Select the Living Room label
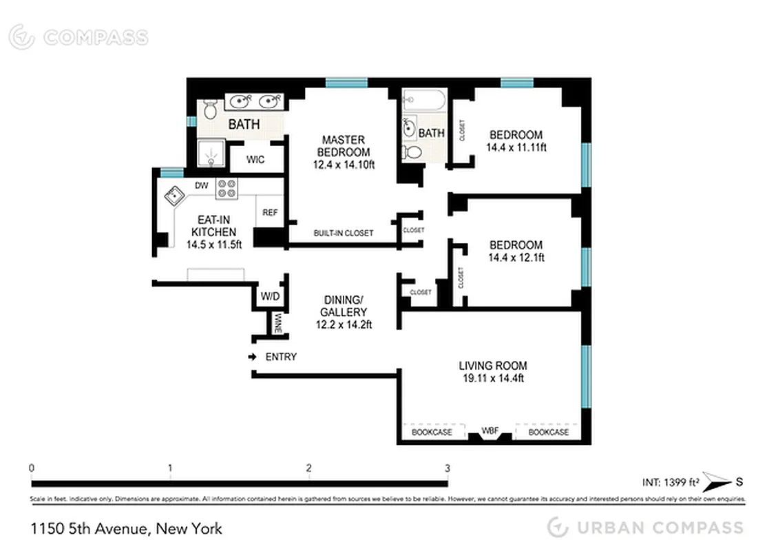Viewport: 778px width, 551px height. (493, 372)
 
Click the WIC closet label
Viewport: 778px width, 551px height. (255, 160)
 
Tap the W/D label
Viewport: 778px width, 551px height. (269, 297)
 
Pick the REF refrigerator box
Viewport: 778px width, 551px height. (269, 213)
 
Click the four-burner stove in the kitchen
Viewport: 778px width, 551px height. (227, 189)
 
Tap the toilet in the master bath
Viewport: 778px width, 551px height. (211, 108)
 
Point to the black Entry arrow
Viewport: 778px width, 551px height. (253, 357)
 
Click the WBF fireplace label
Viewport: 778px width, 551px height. (490, 431)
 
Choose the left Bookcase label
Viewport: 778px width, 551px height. (432, 432)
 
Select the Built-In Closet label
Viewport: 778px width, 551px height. (343, 233)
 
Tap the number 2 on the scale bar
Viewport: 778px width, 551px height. (309, 468)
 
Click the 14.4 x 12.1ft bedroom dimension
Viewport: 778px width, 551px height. (516, 258)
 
